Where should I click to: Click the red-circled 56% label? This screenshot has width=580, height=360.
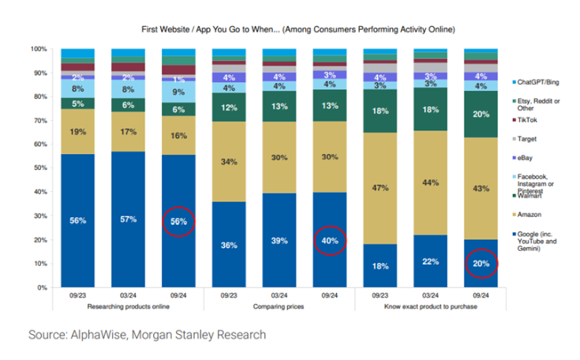click(x=178, y=222)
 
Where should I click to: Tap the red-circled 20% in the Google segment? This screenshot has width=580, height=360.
click(x=481, y=264)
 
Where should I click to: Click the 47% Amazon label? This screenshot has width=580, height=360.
click(x=380, y=188)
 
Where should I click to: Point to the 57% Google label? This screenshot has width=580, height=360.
click(x=128, y=219)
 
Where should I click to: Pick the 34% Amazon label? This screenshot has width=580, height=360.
click(x=229, y=162)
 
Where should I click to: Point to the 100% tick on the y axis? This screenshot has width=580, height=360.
click(x=39, y=49)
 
